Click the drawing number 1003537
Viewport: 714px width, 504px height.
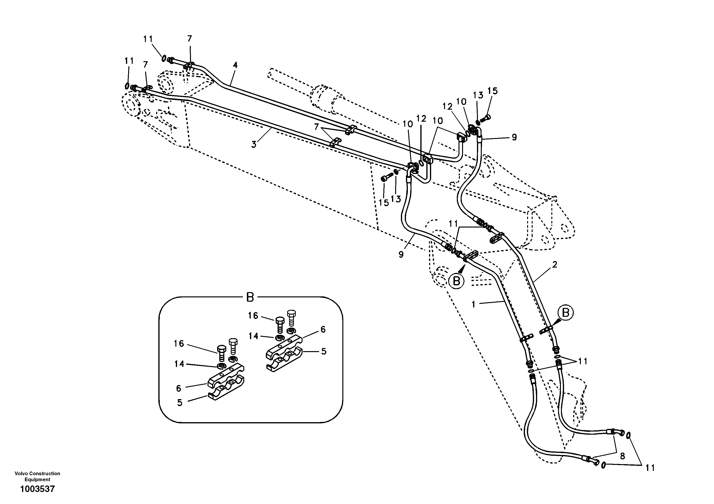coord(37,489)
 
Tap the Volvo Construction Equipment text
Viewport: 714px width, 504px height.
coord(37,476)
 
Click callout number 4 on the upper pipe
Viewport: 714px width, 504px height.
coord(235,65)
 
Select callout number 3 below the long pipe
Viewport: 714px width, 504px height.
coord(254,145)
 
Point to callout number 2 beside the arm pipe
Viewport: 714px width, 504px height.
coord(554,265)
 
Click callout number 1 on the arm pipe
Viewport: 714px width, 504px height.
coord(474,305)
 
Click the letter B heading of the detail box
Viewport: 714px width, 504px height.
coord(250,297)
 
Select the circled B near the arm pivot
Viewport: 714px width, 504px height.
coord(456,281)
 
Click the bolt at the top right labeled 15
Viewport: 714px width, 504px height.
coord(485,118)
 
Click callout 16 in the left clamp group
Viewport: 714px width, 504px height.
coord(179,343)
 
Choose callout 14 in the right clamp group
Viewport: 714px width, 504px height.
coord(253,336)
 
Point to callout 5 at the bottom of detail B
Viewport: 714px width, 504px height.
coord(179,402)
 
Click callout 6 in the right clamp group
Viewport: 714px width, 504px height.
coord(323,330)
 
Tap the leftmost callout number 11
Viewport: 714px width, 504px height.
coord(129,61)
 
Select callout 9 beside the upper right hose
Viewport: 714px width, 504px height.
coord(514,137)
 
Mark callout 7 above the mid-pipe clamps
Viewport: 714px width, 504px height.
coord(316,127)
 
